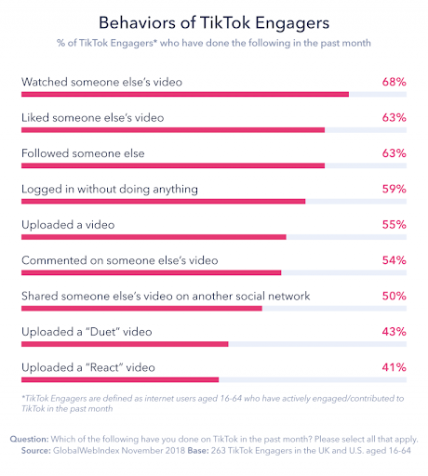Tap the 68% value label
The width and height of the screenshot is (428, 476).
(x=394, y=82)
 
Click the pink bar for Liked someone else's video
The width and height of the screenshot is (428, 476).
(x=172, y=130)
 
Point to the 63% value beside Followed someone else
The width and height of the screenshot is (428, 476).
(x=394, y=153)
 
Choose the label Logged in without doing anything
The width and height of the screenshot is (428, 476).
(x=110, y=189)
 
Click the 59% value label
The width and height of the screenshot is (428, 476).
(x=394, y=189)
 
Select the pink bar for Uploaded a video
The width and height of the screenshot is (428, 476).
(x=154, y=237)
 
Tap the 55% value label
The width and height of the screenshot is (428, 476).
(x=394, y=225)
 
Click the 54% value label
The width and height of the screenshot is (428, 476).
(x=394, y=260)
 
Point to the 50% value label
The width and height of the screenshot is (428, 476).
(x=394, y=296)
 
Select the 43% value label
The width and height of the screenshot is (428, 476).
(x=394, y=332)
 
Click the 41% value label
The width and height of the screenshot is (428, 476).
(x=394, y=367)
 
